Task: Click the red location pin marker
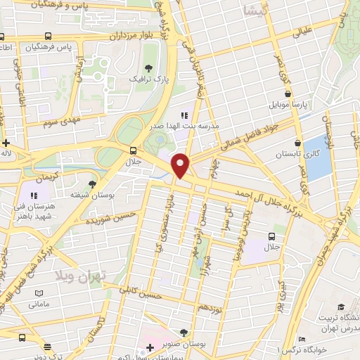(181, 165)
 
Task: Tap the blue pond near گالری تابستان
(319, 155)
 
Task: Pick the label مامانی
(39, 305)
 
